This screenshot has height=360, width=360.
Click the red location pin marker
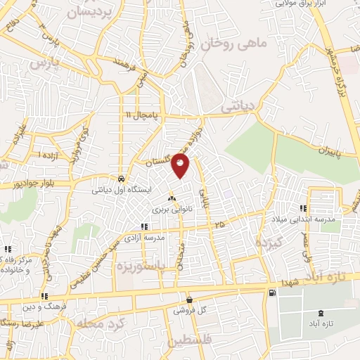click(181, 165)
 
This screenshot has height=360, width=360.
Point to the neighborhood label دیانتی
click(239, 108)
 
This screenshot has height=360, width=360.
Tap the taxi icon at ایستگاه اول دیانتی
click(122, 179)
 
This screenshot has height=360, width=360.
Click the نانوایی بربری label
click(171, 210)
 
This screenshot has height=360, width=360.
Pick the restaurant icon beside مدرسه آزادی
click(145, 227)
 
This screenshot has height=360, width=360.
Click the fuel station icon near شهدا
click(271, 292)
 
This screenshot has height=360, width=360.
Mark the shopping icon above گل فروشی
click(188, 299)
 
